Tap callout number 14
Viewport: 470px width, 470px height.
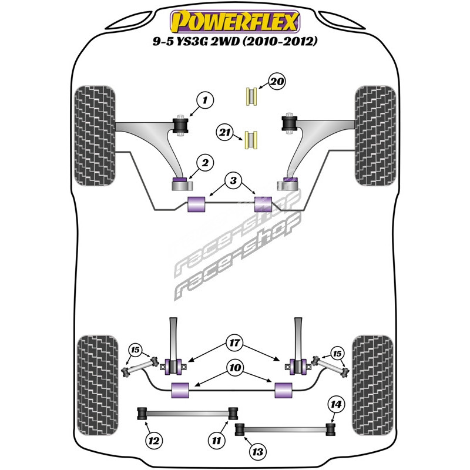tap(336, 404)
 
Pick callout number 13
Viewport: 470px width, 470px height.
tap(257, 451)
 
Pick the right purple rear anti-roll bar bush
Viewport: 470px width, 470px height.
tap(284, 388)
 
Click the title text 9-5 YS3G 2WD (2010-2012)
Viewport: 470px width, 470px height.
tap(235, 43)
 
